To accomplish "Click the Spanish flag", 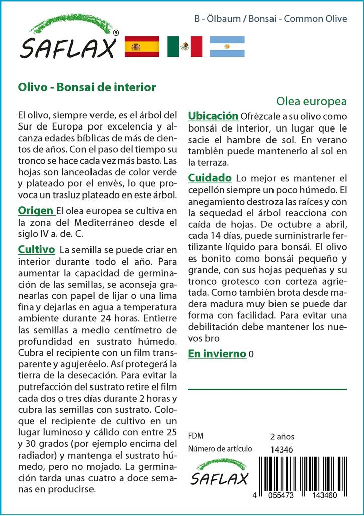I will (141, 47).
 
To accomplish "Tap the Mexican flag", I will (185, 47).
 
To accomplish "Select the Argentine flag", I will (227, 47).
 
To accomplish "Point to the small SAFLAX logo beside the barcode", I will (219, 472).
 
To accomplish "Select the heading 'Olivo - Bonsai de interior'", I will (86, 87).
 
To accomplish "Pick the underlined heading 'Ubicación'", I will (213, 116).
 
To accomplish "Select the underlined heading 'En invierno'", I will (217, 354).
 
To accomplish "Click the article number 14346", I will (282, 449).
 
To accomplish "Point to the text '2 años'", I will (282, 436).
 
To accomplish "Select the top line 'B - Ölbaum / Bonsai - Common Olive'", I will (270, 19).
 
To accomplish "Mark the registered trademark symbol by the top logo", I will (116, 32).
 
